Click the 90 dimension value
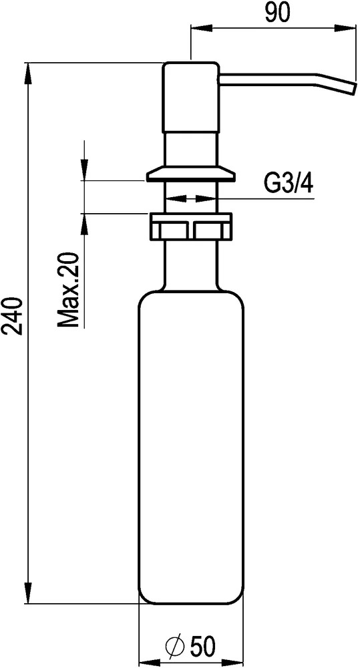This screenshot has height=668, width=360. [277, 13]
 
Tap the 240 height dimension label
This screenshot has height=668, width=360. [12, 317]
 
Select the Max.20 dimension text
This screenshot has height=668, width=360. [69, 290]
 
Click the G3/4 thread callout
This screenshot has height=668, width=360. [289, 184]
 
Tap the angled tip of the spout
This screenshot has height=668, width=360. [351, 88]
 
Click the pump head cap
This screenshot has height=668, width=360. [191, 97]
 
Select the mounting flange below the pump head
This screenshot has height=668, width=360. [191, 174]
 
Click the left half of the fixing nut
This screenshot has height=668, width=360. [169, 226]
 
